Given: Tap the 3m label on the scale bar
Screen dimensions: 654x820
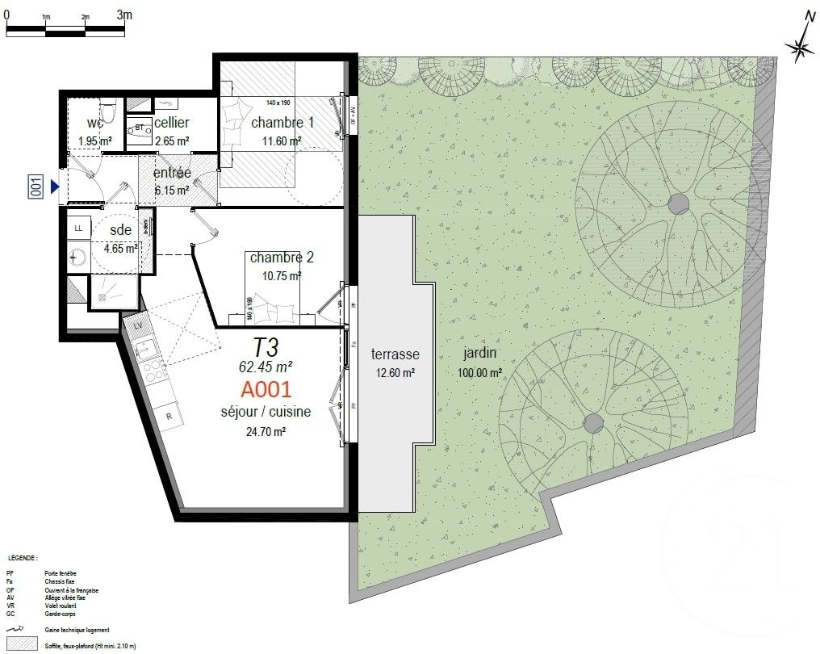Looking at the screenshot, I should click(x=124, y=15).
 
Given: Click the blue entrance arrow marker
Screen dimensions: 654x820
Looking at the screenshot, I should click(x=56, y=187).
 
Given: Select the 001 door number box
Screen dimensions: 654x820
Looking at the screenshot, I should click(x=36, y=187).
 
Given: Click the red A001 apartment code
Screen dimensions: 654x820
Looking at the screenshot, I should click(x=266, y=390).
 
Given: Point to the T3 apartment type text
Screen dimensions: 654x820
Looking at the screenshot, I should click(x=266, y=348).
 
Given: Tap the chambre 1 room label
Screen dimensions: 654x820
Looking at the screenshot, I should click(x=282, y=123).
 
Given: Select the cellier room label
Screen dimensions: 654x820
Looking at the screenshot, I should click(x=171, y=123).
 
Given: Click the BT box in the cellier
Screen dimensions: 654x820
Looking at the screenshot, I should click(x=140, y=128).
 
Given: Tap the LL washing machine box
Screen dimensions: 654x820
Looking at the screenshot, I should click(x=78, y=228).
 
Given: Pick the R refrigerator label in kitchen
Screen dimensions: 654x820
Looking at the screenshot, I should click(x=168, y=416).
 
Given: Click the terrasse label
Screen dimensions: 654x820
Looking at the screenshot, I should click(x=395, y=354).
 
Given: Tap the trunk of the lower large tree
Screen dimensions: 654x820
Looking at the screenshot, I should click(x=593, y=422).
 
